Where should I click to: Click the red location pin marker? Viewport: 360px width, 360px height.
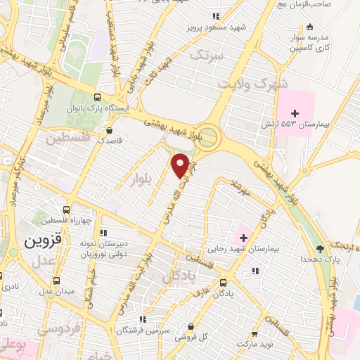tap(181, 165)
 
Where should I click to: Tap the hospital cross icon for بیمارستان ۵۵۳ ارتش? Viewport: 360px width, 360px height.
tap(295, 112)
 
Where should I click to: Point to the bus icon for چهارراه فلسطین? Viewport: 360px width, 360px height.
tap(65, 209)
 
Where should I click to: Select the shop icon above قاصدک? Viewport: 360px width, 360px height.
tap(108, 129)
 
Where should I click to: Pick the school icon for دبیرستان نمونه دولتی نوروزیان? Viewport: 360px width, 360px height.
tap(103, 232)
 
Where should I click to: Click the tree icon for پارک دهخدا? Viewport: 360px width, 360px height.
tap(321, 248)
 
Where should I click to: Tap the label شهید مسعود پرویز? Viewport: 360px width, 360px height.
tap(217, 27)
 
